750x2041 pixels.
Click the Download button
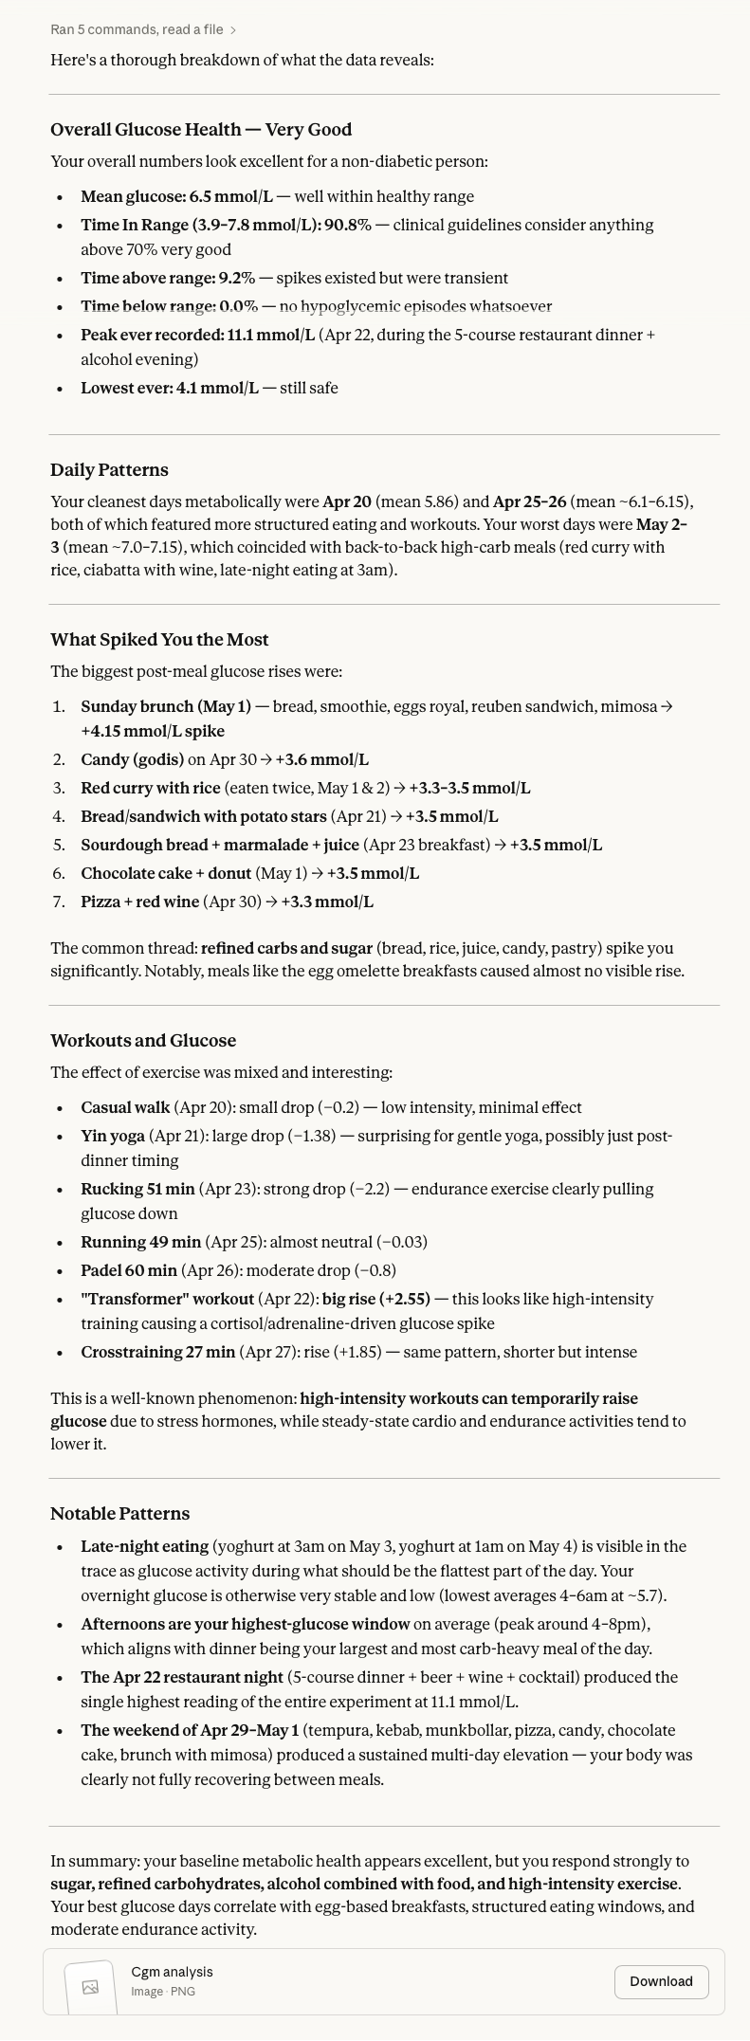661,1981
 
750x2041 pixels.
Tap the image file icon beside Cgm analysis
90,1987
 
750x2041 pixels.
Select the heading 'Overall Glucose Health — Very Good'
201,130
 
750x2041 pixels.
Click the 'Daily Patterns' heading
109,470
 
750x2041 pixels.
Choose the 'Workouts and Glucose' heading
143,1041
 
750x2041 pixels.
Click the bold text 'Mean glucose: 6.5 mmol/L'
176,197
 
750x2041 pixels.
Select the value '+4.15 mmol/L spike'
153,732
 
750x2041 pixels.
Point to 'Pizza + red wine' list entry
140,902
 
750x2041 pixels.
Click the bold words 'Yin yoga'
113,1137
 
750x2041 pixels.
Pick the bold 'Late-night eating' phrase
144,1547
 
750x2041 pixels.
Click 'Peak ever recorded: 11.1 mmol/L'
197,336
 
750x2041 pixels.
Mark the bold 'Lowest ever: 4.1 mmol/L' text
169,389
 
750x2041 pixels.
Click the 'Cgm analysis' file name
172,1972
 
